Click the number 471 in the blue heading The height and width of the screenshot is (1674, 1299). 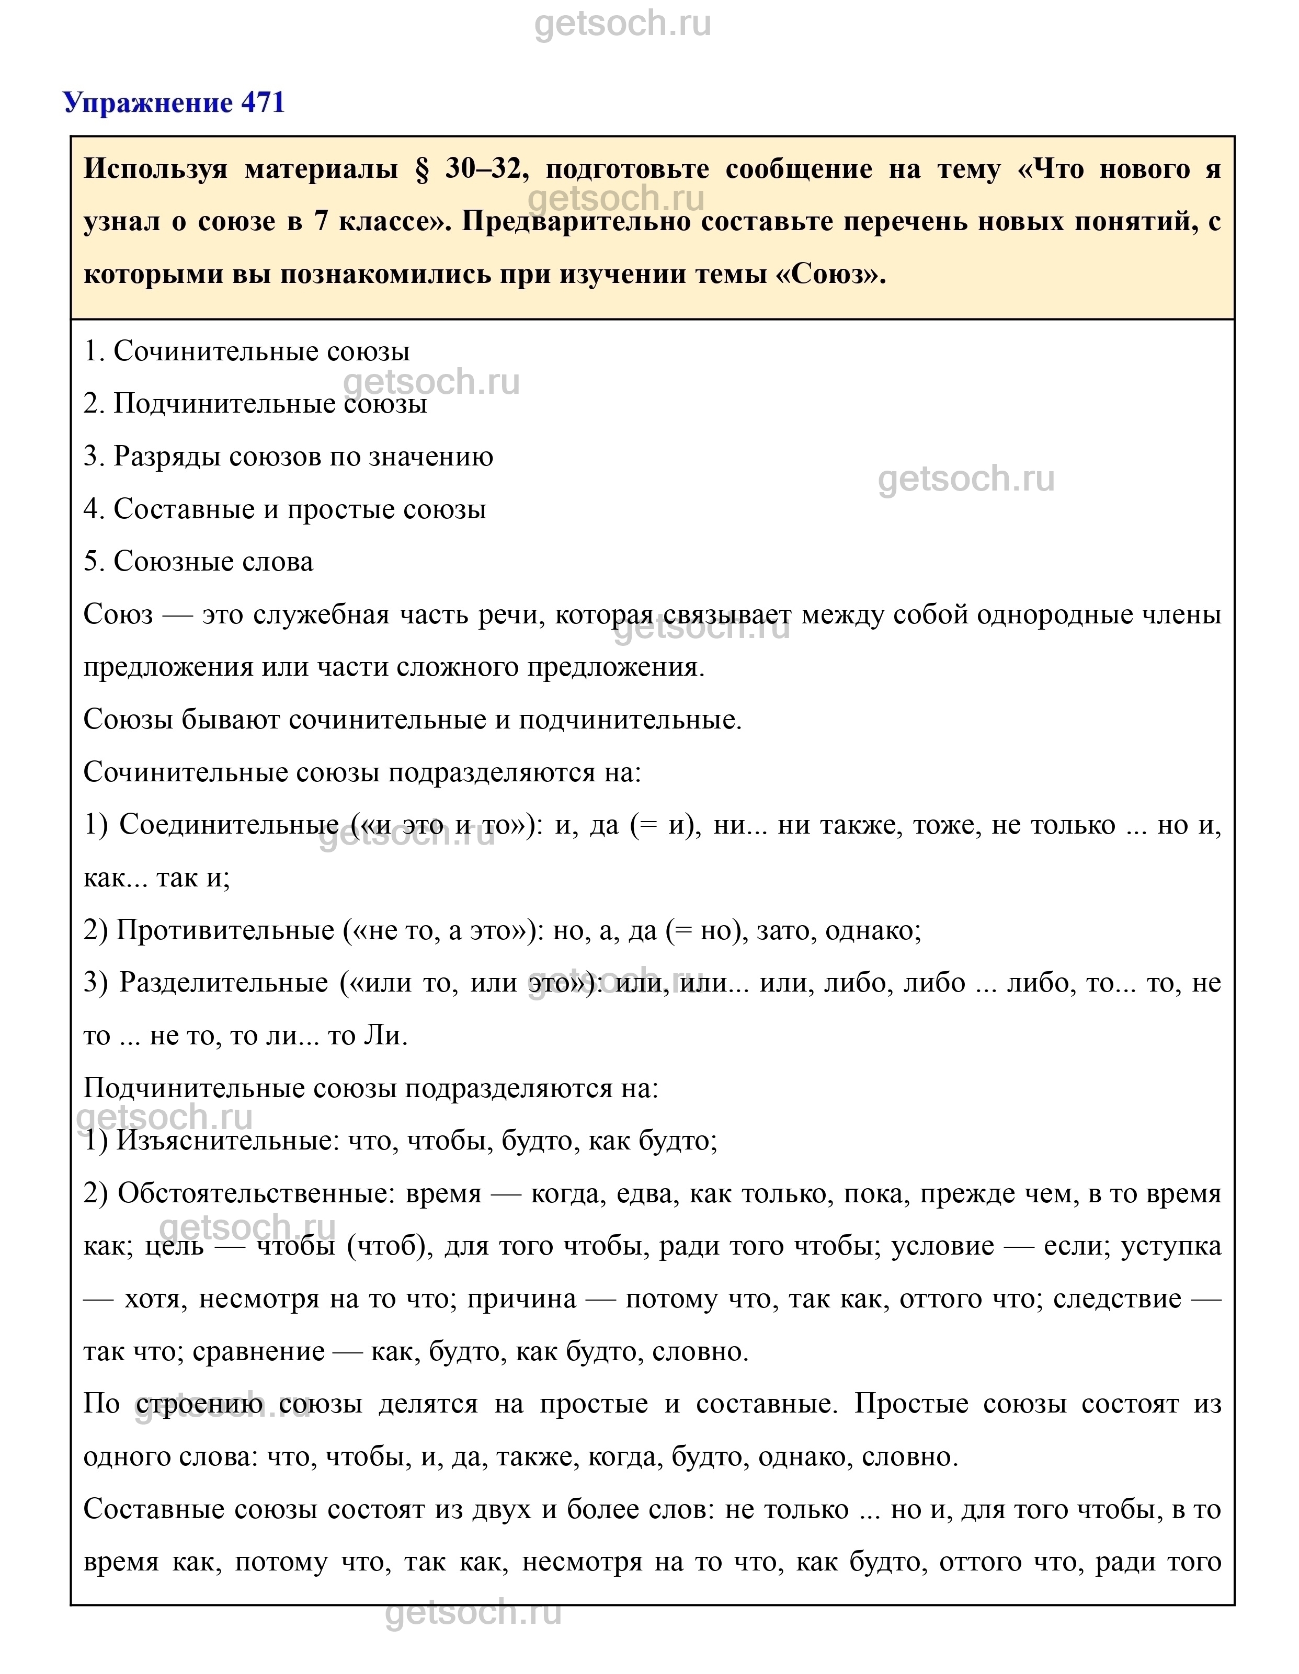(263, 102)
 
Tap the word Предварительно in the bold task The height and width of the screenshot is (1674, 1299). (575, 222)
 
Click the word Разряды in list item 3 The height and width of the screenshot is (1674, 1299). (156, 457)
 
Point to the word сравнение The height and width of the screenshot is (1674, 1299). (258, 1351)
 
